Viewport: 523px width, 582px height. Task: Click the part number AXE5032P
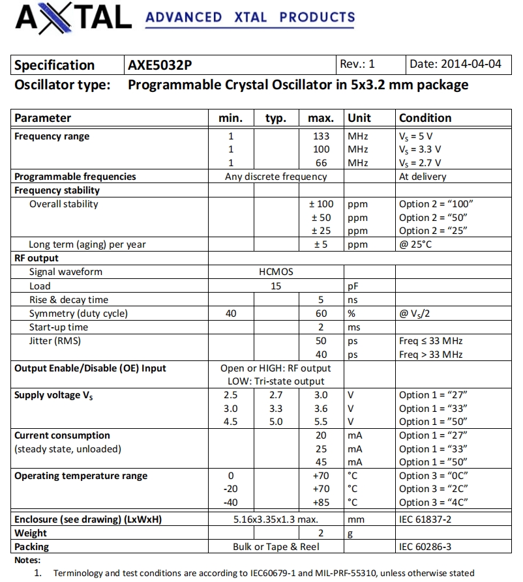coord(159,65)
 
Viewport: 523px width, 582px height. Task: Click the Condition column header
coord(425,118)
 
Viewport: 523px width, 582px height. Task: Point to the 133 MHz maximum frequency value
coord(321,136)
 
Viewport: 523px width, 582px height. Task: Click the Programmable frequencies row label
coord(75,177)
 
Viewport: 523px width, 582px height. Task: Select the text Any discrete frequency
coord(276,177)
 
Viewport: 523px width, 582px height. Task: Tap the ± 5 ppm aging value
coord(321,244)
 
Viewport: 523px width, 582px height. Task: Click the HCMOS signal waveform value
coord(276,272)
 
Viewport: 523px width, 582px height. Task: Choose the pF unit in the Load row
coord(355,286)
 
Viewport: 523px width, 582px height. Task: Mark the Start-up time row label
coord(59,327)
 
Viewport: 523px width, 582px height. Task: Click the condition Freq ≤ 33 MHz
coord(430,341)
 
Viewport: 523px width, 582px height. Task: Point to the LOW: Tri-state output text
coord(276,381)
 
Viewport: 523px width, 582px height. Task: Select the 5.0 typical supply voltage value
coord(276,422)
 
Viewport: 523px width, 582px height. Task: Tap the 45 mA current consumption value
coord(321,462)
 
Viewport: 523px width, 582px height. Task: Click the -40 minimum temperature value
coord(230,502)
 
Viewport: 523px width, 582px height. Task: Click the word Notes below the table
coord(27,560)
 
